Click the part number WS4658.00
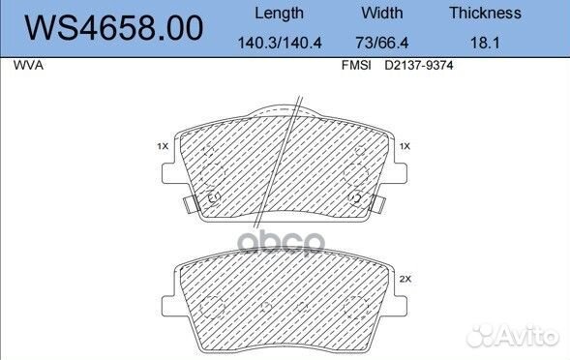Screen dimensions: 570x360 pos(113,28)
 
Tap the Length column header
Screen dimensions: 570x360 pos(279,14)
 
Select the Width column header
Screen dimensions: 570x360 pos(382,14)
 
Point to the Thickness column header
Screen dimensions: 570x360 pos(485,14)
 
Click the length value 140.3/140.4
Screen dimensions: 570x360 pos(280,43)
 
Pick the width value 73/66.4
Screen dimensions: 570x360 pos(382,43)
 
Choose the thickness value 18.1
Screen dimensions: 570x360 pos(485,43)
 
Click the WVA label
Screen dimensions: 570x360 pos(28,66)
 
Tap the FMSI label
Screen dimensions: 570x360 pos(356,66)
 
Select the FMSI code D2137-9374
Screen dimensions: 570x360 pos(419,66)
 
